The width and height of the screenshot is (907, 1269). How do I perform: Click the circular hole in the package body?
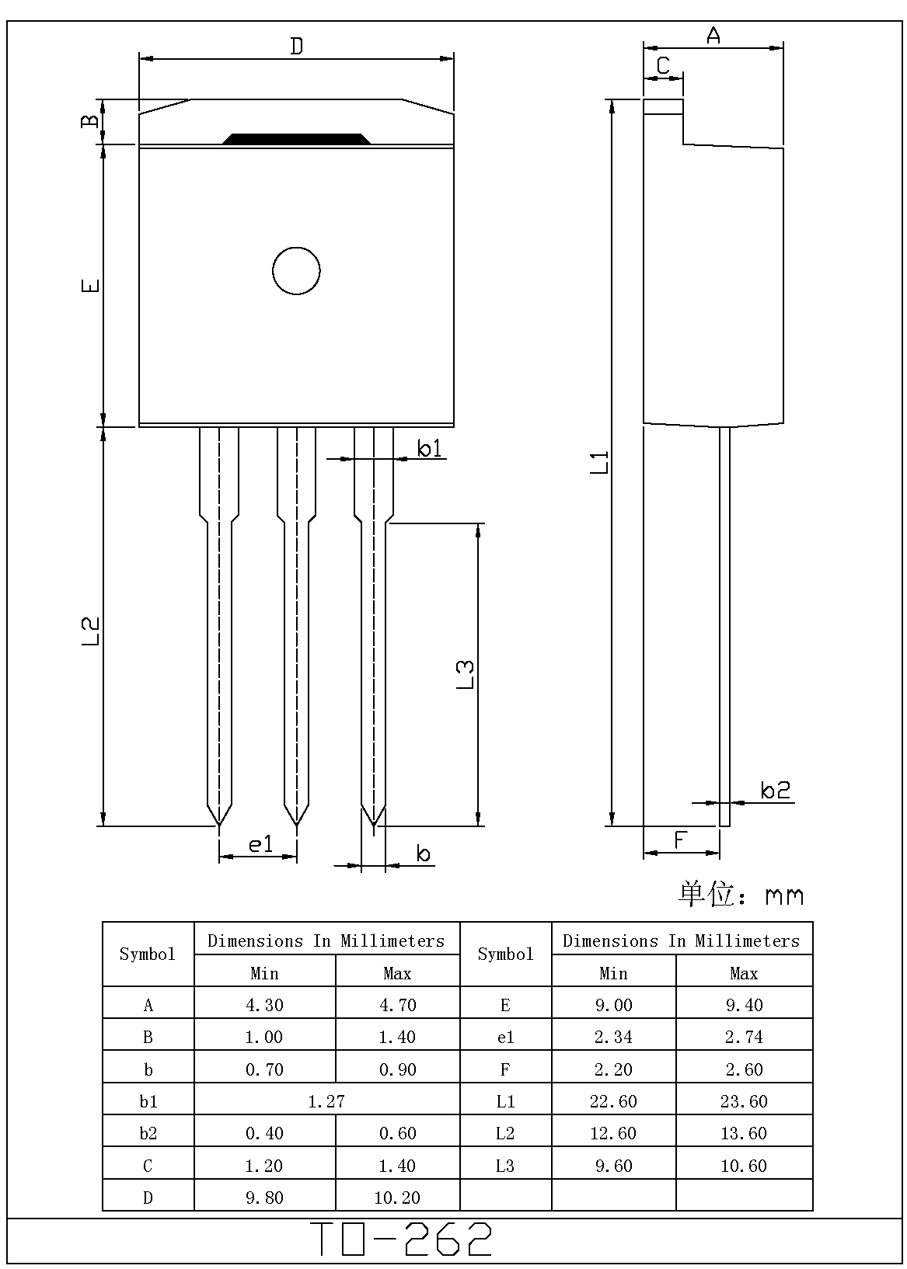pos(296,271)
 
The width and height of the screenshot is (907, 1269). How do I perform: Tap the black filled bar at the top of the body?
pos(296,139)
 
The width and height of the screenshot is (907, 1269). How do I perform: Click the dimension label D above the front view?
pos(296,47)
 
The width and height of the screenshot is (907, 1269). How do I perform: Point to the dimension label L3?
pos(464,674)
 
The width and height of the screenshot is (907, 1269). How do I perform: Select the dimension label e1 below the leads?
pos(261,844)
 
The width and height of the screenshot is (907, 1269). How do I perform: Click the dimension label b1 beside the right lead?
pos(429,448)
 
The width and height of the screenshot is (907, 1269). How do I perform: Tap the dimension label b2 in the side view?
pos(775,790)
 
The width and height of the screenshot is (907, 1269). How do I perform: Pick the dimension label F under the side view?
pos(681,840)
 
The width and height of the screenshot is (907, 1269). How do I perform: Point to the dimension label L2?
pos(90,631)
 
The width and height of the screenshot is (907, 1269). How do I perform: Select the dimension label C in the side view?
pos(663,66)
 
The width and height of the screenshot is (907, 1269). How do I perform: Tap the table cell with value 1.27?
pos(326,1100)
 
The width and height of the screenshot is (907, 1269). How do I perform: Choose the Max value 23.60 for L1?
pos(744,1101)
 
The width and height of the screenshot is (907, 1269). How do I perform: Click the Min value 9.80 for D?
pos(264,1198)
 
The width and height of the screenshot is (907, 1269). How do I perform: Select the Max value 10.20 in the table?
pos(397,1198)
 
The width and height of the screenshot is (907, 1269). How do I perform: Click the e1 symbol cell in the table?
pos(505,1038)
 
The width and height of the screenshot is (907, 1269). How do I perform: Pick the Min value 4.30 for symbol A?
pos(264,1005)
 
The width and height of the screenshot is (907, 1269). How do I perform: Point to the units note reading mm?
pos(783,896)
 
